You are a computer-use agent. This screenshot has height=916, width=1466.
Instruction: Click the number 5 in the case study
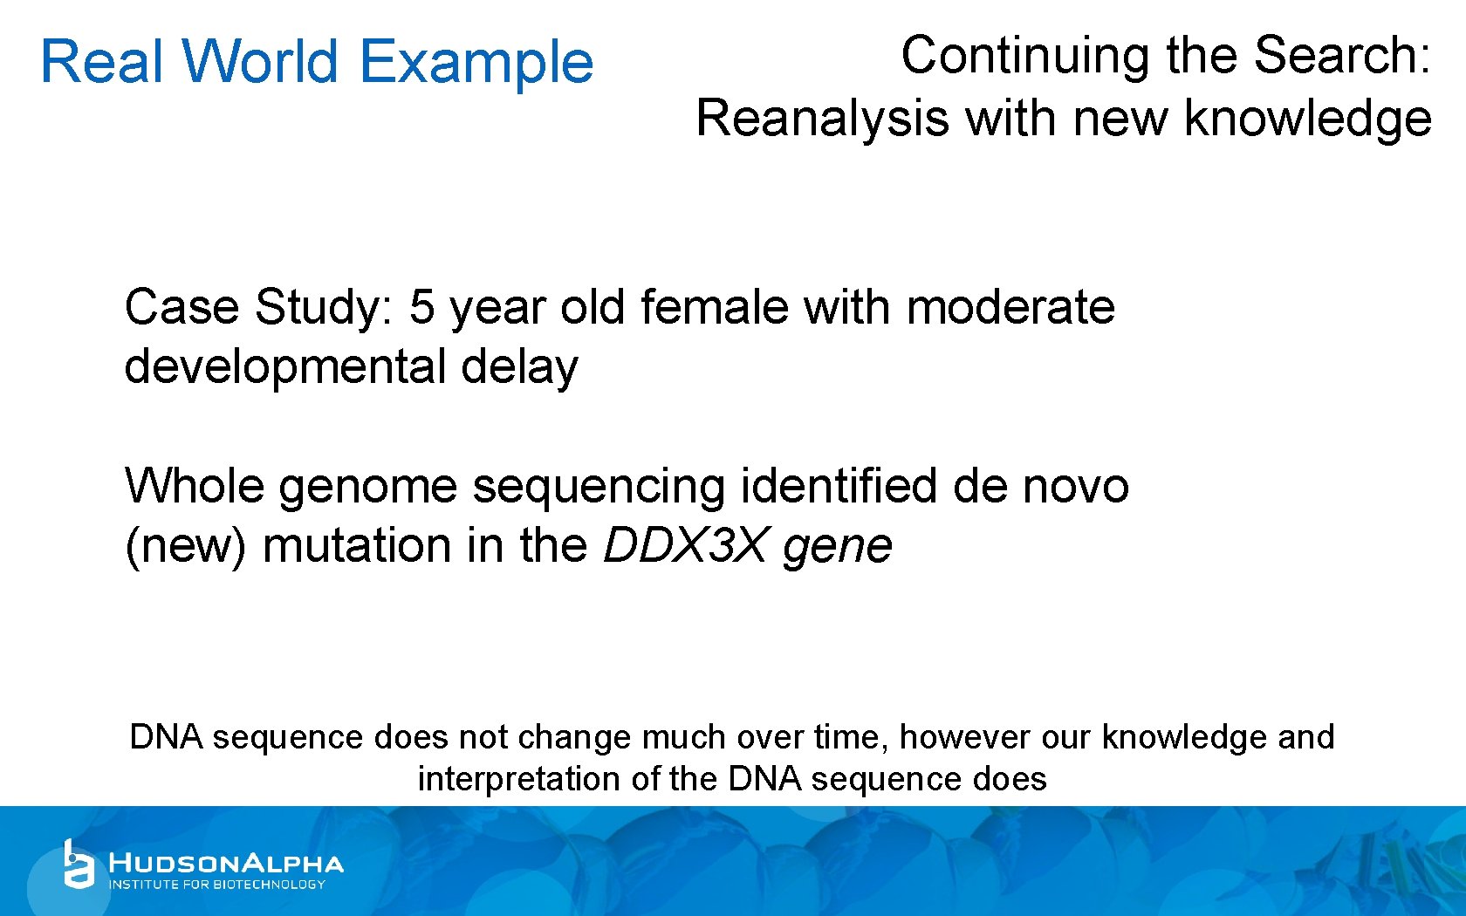tap(421, 307)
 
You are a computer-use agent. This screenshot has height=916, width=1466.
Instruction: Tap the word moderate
tap(1010, 307)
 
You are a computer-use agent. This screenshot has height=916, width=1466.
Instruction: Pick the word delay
tap(519, 367)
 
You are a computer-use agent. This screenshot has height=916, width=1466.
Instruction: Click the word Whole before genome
tap(194, 485)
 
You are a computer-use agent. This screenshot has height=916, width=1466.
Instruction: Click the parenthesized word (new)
tap(186, 546)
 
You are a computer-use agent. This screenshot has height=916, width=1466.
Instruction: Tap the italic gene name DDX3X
tap(684, 546)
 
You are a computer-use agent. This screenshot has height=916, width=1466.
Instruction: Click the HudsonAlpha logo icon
tap(78, 865)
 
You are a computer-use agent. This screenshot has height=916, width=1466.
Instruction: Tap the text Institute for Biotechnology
tap(216, 885)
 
